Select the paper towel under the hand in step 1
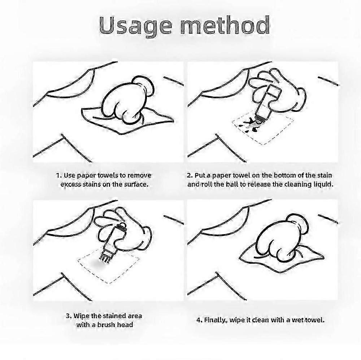pos(128,121)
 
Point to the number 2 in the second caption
pos(190,176)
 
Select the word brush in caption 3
pos(106,325)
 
